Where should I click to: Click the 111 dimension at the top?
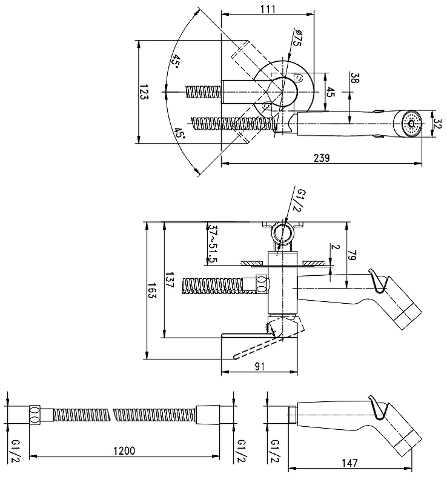268,8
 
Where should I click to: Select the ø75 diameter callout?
297,38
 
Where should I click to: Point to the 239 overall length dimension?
322,158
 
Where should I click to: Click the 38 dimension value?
355,78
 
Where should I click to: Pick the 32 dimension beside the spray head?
438,124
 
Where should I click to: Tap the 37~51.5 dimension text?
213,243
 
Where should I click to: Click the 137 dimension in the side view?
170,280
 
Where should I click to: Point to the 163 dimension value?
152,290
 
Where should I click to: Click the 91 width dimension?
260,367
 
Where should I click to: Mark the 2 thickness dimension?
336,247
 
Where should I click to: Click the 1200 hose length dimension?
124,450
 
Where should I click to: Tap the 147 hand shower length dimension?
349,463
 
